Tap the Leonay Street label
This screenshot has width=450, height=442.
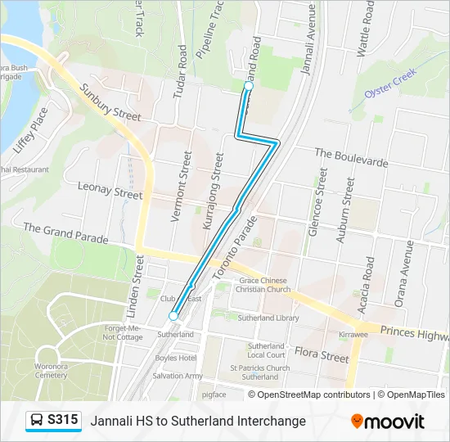pos(110,191)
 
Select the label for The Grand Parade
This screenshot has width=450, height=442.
pos(65,233)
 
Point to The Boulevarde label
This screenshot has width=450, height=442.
pos(350,158)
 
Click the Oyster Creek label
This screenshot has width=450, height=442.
pos(391,83)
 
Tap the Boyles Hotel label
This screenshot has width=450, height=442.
pos(177,358)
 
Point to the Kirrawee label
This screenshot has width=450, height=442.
pos(353,336)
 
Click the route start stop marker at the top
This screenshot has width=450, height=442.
pos(249,86)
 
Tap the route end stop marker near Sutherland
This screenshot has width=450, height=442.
pos(173,316)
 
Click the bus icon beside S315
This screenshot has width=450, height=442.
pos(37,421)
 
